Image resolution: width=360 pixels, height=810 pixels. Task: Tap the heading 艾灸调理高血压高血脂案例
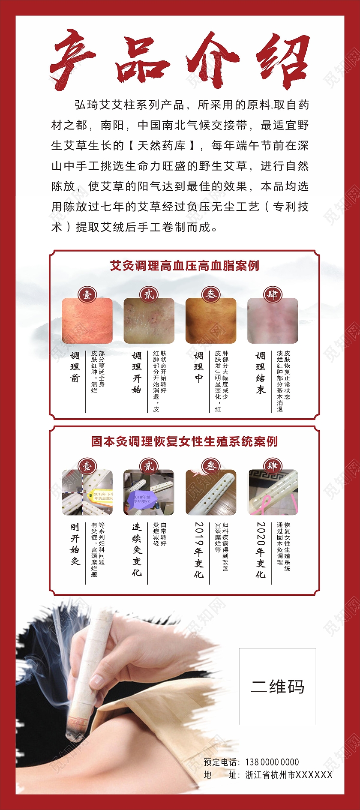click(184, 266)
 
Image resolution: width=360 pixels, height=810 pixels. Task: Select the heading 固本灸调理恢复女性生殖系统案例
click(184, 441)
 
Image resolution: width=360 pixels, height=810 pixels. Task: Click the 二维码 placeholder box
click(278, 687)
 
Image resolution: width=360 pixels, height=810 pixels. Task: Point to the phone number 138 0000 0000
click(272, 762)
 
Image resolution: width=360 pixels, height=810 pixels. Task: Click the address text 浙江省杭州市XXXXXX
click(288, 774)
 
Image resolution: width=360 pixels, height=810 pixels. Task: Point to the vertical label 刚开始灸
click(75, 544)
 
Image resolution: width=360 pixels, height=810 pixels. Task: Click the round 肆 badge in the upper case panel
click(273, 294)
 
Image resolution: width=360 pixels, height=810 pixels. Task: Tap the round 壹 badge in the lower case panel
click(87, 466)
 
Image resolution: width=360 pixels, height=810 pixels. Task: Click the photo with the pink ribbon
click(273, 493)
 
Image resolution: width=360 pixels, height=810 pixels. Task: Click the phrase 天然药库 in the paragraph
click(162, 146)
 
